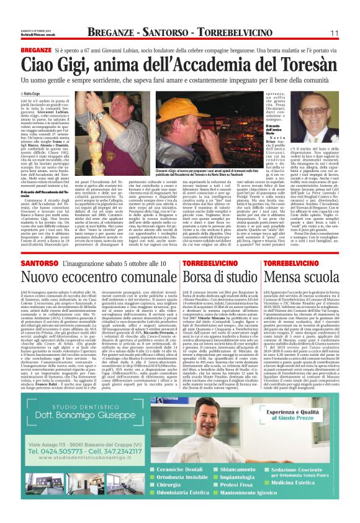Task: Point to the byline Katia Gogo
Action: click(x=33, y=94)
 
